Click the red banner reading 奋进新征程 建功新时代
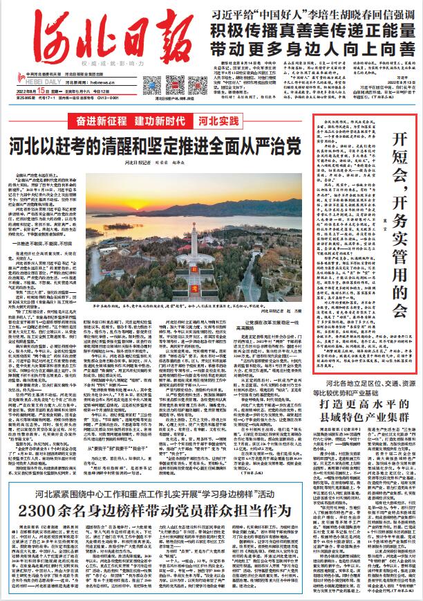coord(132,120)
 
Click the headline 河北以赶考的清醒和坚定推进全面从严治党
coord(155,146)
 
